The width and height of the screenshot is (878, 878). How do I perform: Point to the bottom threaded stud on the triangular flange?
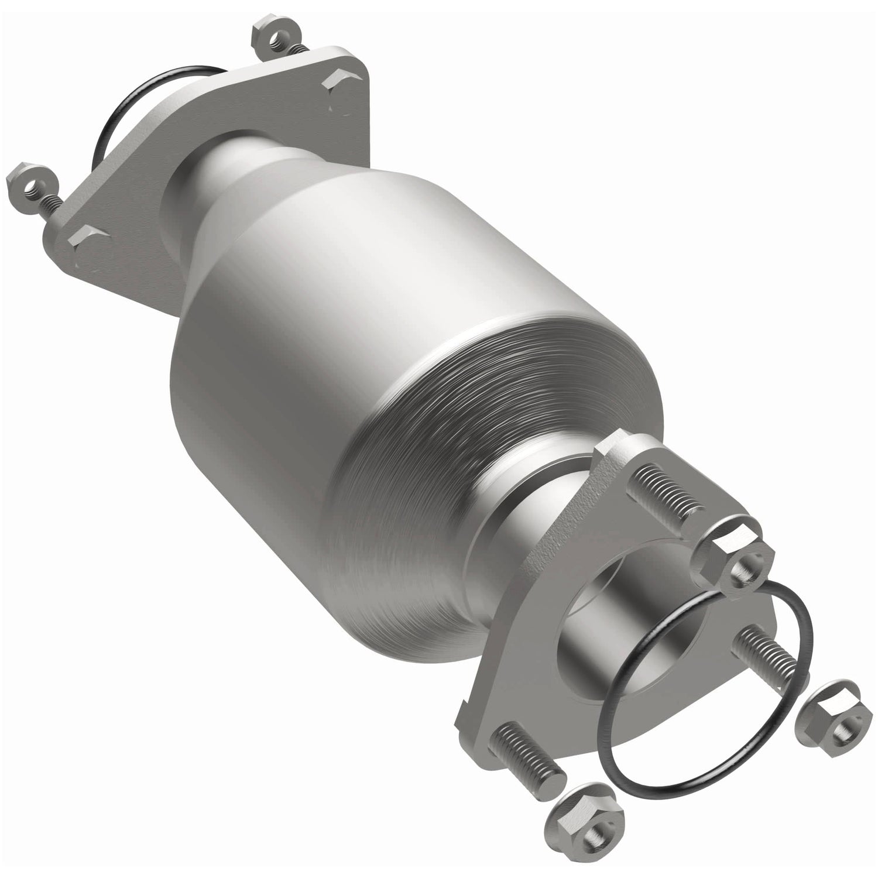pos(527,749)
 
